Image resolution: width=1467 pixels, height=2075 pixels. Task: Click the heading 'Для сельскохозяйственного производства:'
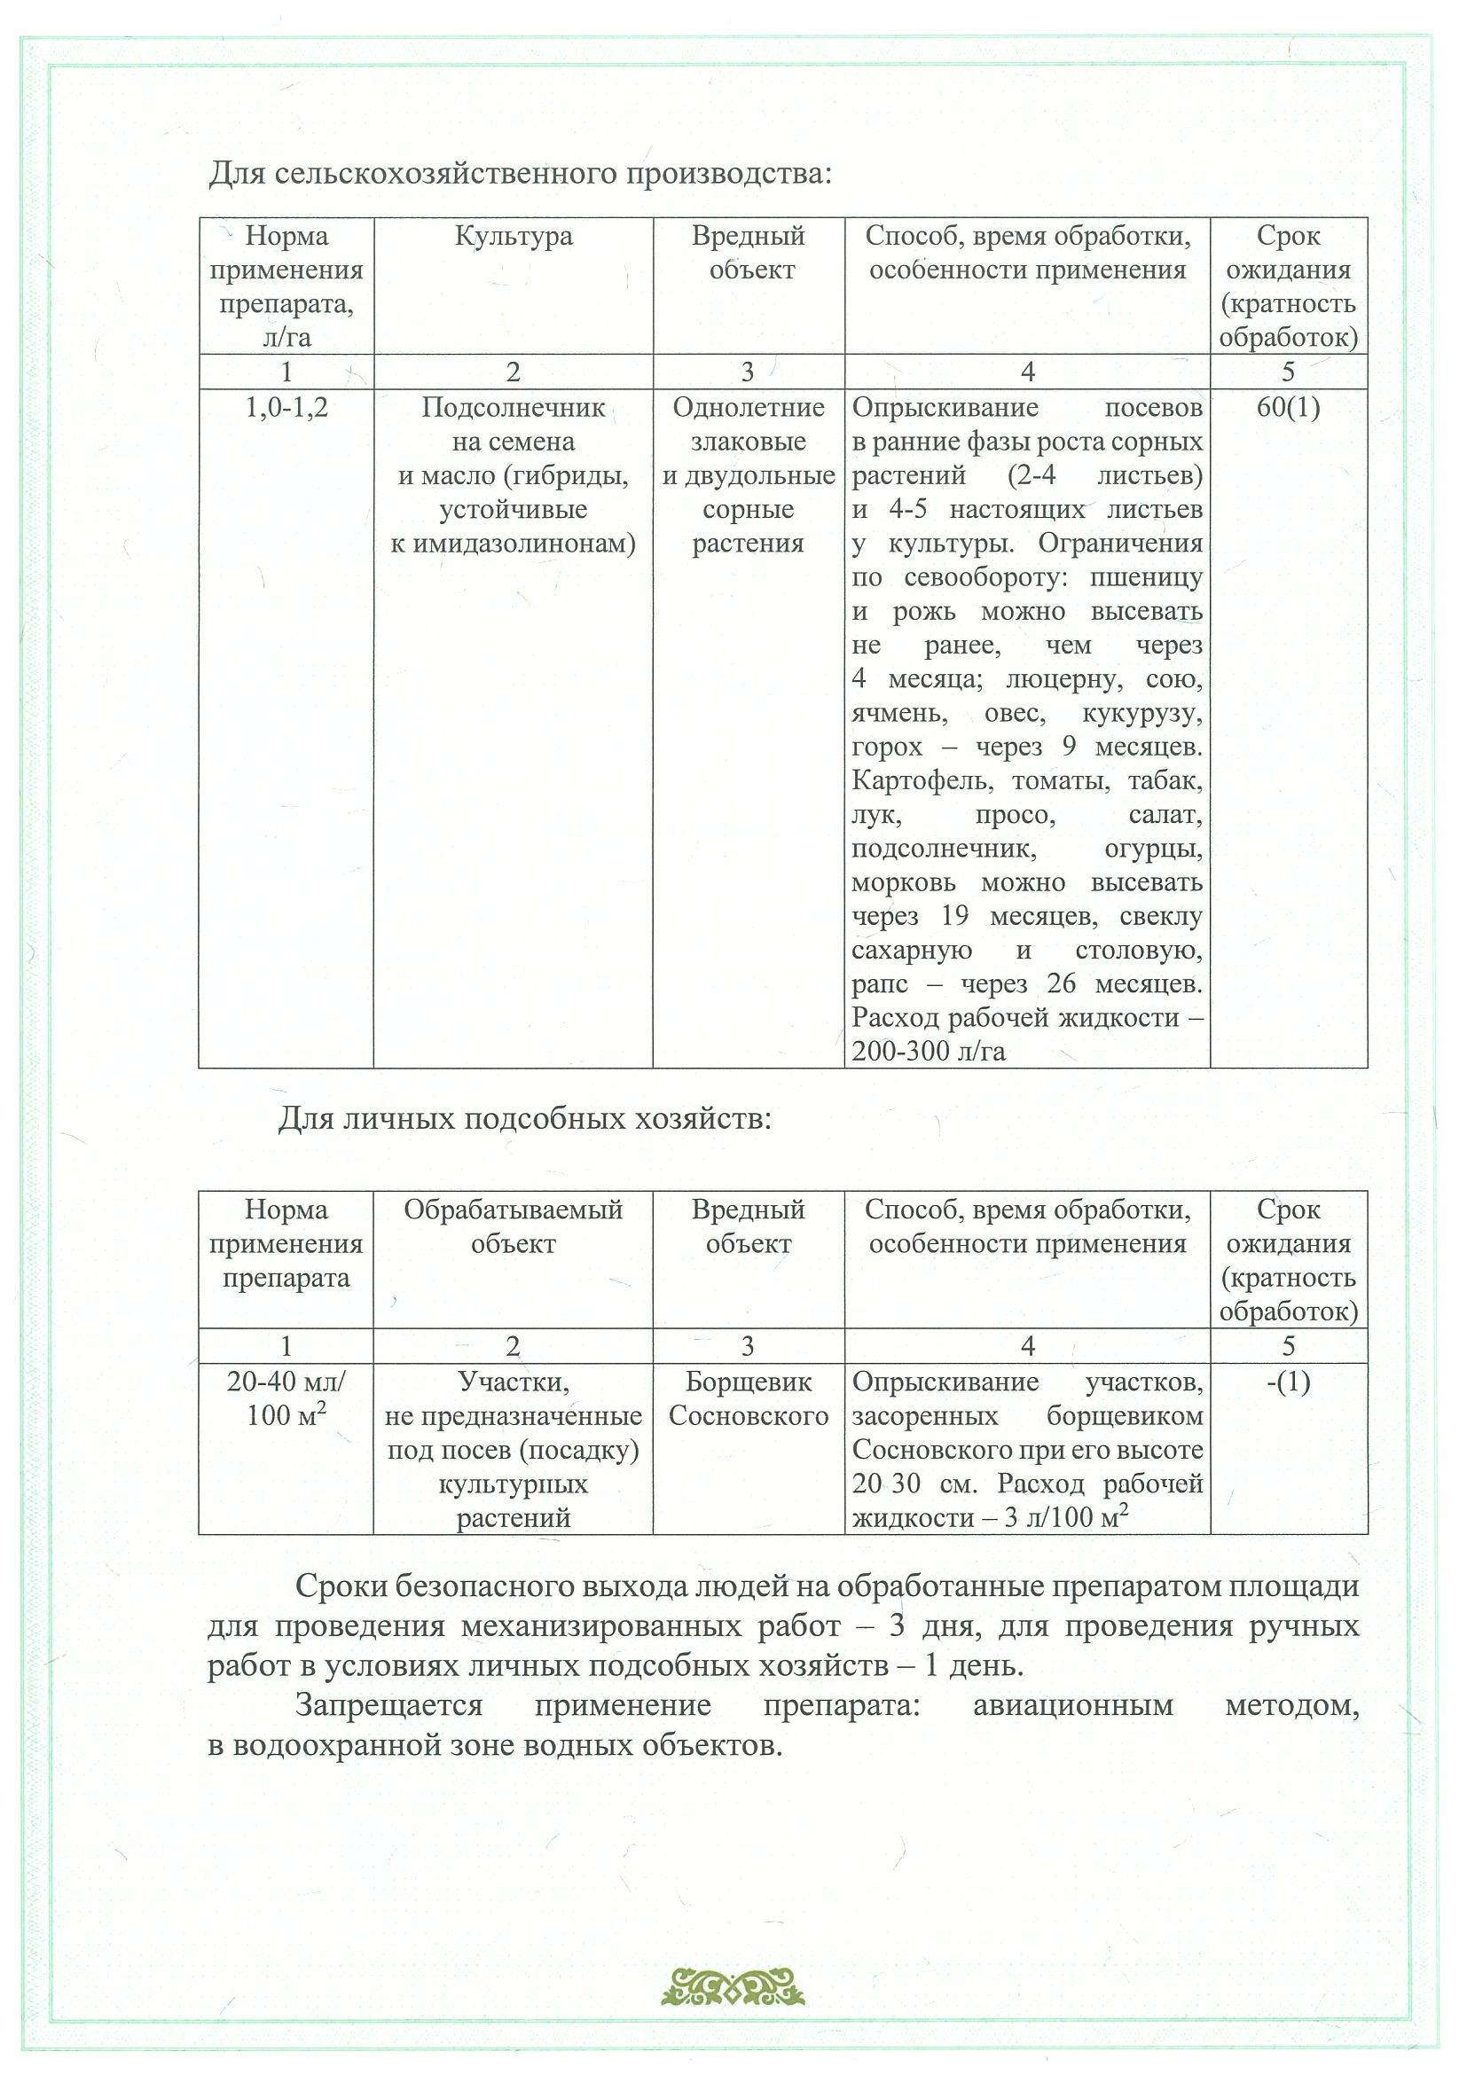click(x=520, y=173)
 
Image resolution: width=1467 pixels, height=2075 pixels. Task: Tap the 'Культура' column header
click(x=513, y=237)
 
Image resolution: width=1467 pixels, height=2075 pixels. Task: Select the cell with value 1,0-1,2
click(x=286, y=409)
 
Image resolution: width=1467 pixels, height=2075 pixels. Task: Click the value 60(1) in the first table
click(x=1288, y=409)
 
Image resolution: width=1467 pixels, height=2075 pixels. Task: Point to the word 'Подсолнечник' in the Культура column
click(x=513, y=409)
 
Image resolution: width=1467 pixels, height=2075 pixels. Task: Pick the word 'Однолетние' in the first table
click(x=749, y=409)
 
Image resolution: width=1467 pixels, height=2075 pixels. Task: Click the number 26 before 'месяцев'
click(x=1061, y=984)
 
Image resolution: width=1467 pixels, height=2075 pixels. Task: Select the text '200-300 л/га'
click(x=929, y=1052)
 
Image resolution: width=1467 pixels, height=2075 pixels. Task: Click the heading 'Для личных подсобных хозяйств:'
click(x=524, y=1120)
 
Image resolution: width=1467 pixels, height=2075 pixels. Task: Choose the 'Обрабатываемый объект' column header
click(x=513, y=1227)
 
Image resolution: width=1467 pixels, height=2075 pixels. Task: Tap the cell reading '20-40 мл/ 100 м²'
click(x=286, y=1400)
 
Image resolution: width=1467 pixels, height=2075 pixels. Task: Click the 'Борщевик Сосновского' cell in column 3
click(x=749, y=1400)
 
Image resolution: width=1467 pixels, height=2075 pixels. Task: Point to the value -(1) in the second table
click(x=1288, y=1382)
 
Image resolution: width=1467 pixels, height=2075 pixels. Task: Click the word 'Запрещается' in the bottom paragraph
click(x=388, y=1705)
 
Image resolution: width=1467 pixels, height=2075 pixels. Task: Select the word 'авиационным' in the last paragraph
click(x=1073, y=1705)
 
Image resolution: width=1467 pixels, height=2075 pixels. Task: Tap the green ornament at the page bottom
click(x=733, y=1990)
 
